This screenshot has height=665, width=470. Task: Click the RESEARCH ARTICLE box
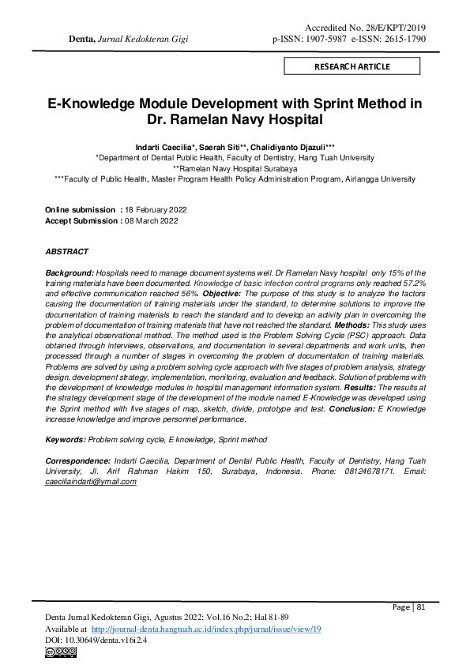(x=352, y=66)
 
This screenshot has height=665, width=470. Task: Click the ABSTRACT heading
(x=67, y=251)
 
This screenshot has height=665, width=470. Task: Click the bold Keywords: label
(x=66, y=439)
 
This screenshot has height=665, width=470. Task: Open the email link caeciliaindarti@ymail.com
(x=91, y=481)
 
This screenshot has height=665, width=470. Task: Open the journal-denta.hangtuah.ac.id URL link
(x=205, y=629)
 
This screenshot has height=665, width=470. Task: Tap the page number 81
(x=421, y=607)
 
